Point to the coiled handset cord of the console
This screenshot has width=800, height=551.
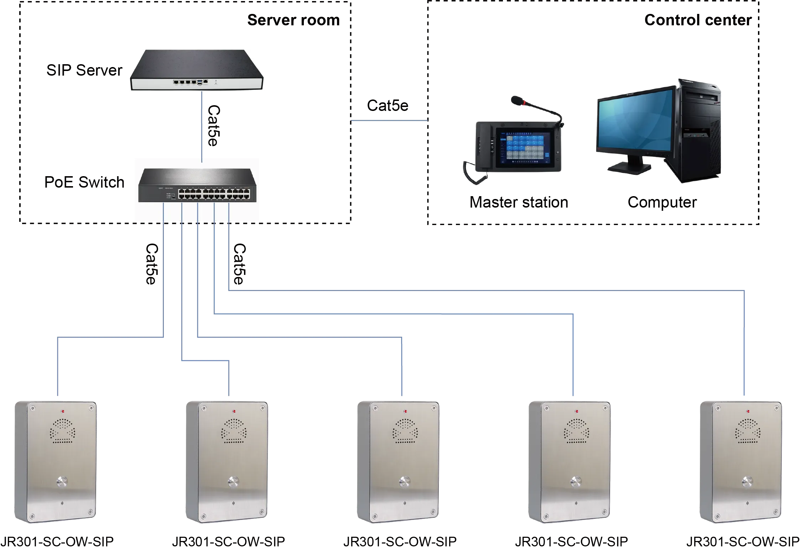(x=474, y=173)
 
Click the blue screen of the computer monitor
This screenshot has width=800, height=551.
(x=636, y=121)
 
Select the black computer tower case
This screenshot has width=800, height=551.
(x=699, y=132)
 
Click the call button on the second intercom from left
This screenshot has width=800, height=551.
(x=233, y=482)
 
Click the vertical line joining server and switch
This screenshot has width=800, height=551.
(x=202, y=125)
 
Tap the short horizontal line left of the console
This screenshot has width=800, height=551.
(x=390, y=121)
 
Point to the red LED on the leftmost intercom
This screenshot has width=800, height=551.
(x=63, y=411)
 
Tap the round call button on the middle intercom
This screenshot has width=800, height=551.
(x=405, y=482)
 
